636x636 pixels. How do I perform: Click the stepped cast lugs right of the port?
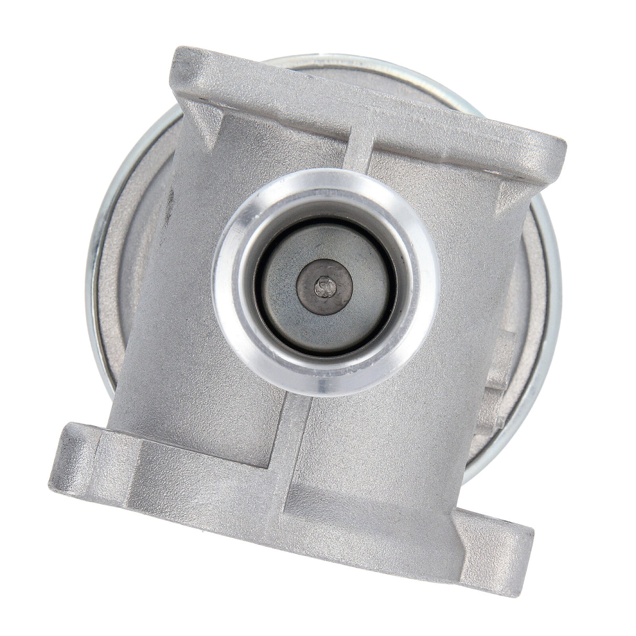click(503, 377)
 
